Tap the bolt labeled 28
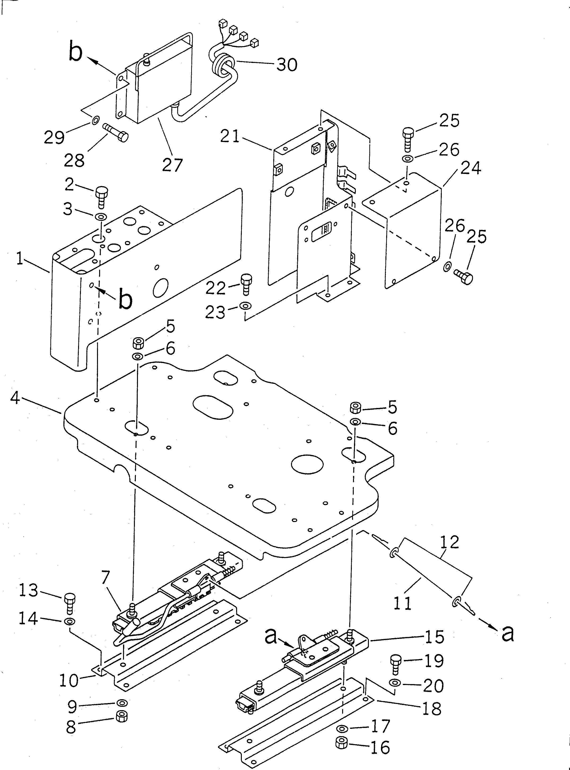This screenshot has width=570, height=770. tap(116, 133)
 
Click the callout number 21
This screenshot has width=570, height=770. tap(230, 136)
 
